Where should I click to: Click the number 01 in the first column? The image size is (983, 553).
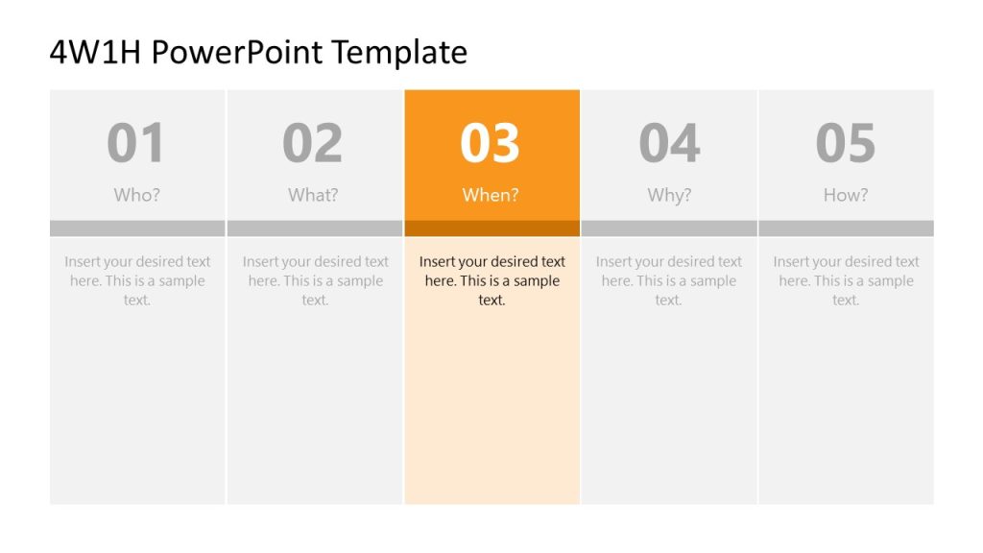136,143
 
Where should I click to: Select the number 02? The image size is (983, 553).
313,143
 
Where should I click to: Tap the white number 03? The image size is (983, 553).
491,143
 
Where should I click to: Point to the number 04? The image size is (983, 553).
669,143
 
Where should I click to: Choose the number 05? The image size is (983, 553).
846,143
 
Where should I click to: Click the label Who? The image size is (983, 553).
137,195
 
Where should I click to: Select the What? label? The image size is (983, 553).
313,195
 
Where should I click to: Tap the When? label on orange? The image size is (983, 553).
491,195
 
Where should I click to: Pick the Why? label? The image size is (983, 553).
669,195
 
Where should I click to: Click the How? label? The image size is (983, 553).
846,195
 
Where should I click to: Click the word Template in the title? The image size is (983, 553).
398,52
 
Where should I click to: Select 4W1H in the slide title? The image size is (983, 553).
95,52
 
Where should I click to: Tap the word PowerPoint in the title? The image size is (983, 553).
236,52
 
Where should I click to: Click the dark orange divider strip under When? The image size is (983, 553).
491,228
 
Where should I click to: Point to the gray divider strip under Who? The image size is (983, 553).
137,228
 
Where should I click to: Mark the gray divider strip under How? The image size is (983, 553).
846,228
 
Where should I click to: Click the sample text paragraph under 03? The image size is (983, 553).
491,280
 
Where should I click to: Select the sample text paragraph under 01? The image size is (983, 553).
137,280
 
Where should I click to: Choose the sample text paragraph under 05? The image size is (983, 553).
846,280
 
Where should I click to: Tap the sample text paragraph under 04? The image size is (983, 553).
669,280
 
